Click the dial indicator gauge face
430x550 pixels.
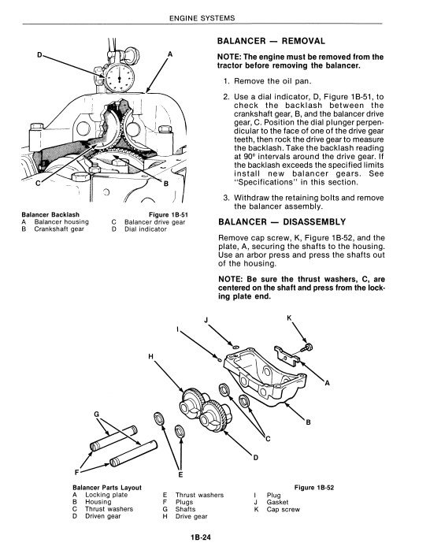120,77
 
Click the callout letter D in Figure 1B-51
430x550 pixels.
39,54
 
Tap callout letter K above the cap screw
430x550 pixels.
289,318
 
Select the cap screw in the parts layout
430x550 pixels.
307,348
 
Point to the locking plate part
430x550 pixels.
287,355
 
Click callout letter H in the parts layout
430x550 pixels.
150,357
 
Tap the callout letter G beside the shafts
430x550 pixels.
96,414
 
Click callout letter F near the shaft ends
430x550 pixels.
76,472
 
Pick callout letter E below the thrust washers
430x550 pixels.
180,474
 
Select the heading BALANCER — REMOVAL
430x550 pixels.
271,41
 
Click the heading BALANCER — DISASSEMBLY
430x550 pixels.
282,222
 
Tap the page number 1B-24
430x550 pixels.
201,537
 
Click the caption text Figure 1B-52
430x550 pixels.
314,488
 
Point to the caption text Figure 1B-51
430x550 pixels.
169,214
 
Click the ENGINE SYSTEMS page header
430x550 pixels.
202,18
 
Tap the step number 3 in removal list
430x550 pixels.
226,198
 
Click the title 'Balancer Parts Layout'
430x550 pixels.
107,488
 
